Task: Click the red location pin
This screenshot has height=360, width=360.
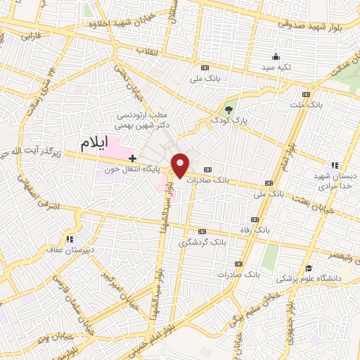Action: coord(181,165)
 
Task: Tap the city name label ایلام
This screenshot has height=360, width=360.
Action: coord(96,144)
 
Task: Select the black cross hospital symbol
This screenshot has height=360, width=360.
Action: coord(132,159)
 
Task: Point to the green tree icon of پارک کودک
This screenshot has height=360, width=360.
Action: coord(228,109)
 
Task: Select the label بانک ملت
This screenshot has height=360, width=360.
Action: coord(305,104)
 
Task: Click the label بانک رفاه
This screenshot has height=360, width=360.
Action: coord(258,230)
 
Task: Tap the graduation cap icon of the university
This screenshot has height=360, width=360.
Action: coord(308,268)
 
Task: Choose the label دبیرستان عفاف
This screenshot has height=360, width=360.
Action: coord(73,249)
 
